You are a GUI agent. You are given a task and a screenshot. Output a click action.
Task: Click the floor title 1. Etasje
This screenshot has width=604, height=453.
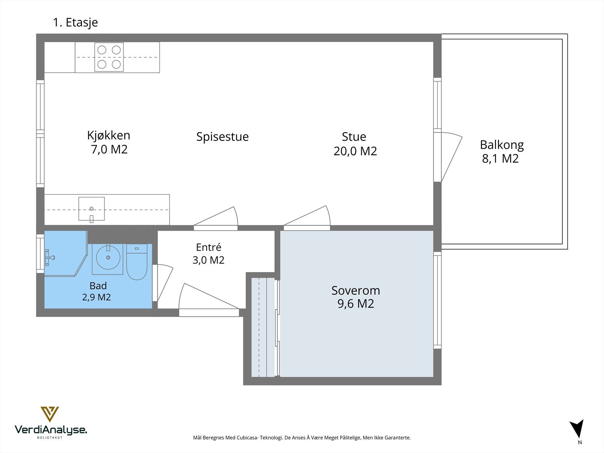tap(75, 23)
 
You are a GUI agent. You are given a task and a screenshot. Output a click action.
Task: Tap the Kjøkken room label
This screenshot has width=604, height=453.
tap(109, 135)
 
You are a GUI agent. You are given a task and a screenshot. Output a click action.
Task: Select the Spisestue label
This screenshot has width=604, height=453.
tap(222, 137)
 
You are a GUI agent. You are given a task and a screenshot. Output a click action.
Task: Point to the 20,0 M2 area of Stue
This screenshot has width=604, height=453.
tap(355, 151)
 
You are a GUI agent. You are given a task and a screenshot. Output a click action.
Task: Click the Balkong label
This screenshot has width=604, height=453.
tap(502, 145)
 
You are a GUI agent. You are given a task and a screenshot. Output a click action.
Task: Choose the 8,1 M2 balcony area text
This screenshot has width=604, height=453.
tap(500, 159)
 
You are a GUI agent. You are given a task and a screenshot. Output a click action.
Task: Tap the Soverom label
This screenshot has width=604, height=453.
tap(356, 290)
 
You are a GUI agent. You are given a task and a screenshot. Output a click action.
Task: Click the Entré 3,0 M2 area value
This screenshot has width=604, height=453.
tap(208, 260)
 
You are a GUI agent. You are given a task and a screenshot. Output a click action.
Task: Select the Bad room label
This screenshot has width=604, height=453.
tap(98, 286)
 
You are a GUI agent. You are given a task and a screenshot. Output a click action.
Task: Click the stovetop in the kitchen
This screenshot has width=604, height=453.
tap(109, 57)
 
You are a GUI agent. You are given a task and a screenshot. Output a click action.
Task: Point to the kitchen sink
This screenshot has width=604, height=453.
tap(92, 209)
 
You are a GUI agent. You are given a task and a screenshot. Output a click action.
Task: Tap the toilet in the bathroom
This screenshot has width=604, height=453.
tap(137, 262)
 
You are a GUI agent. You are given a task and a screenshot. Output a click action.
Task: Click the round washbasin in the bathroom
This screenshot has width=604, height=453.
tap(108, 257)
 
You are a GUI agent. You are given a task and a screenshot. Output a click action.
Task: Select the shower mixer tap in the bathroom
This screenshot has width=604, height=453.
tap(50, 258)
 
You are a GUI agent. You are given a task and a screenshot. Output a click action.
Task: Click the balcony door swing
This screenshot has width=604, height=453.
tap(451, 157)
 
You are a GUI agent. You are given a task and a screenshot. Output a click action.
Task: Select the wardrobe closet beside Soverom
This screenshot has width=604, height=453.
tap(263, 327)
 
